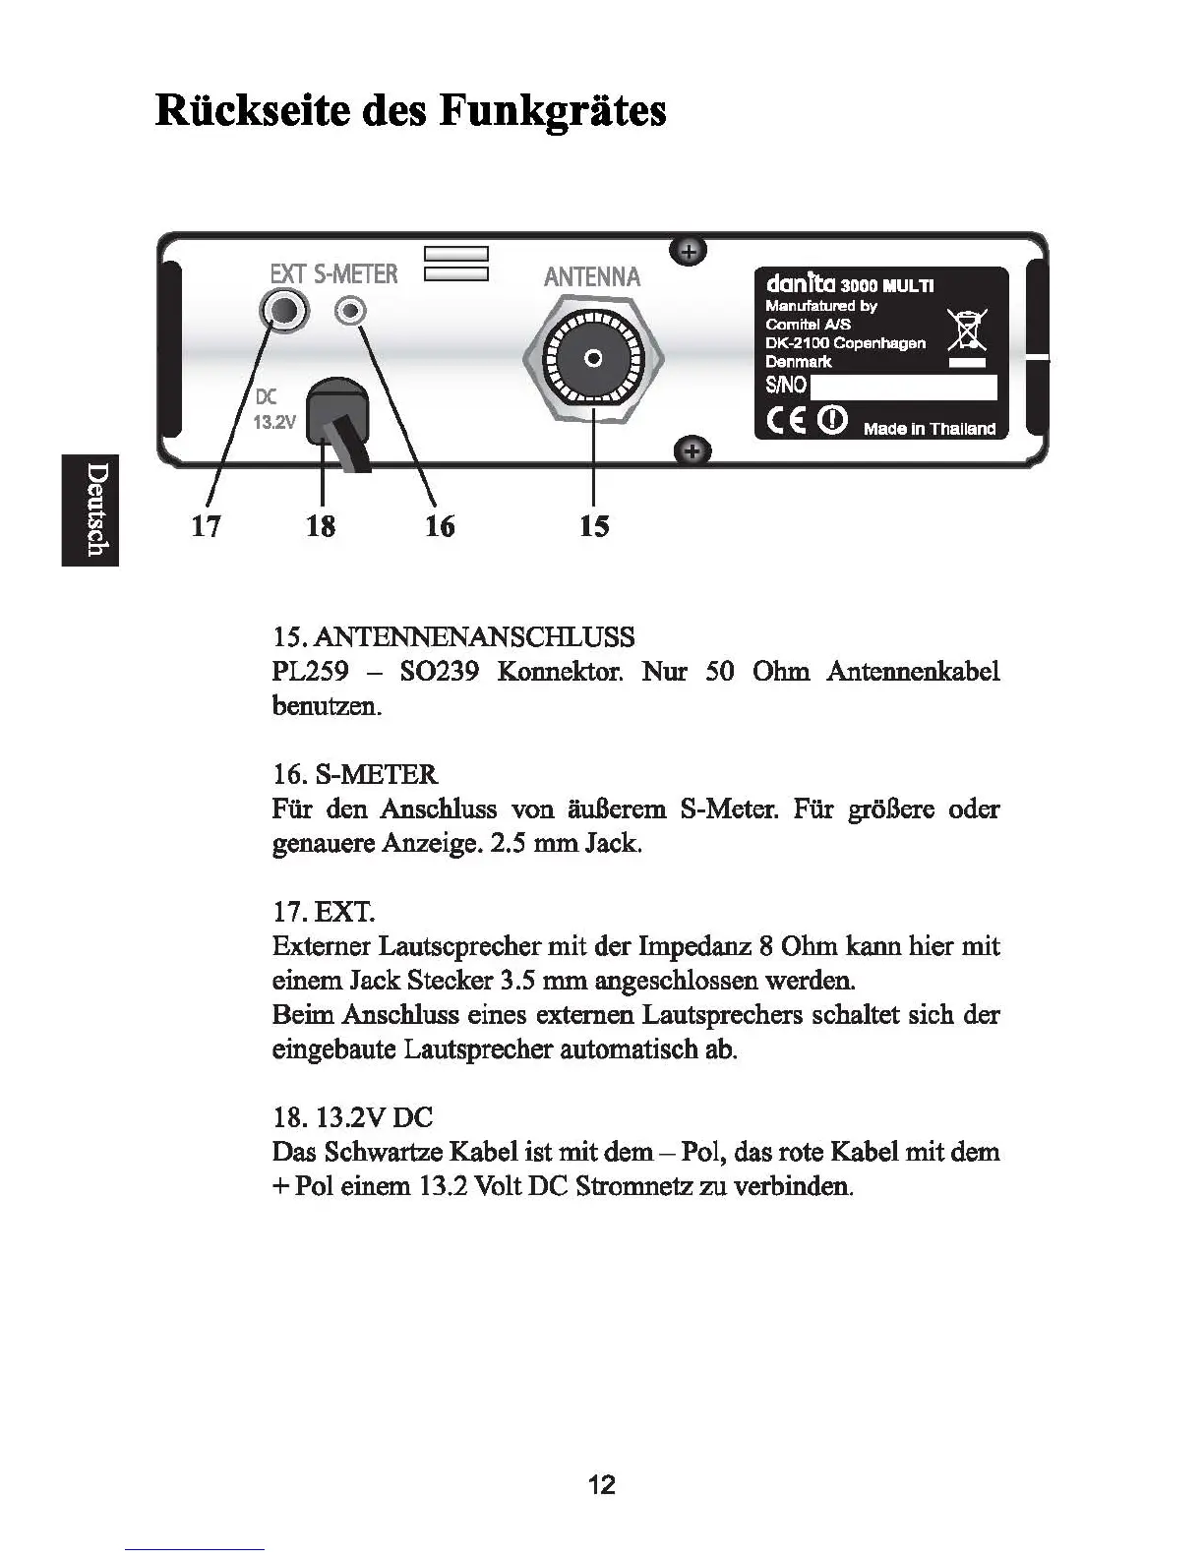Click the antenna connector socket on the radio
pyautogui.click(x=593, y=358)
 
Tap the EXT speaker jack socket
pyautogui.click(x=284, y=312)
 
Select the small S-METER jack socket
pyautogui.click(x=349, y=312)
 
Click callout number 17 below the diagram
pyautogui.click(x=206, y=526)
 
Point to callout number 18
pyautogui.click(x=321, y=526)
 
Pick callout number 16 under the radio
pyautogui.click(x=440, y=526)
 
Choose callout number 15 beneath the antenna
pyautogui.click(x=593, y=526)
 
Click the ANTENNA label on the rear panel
pyautogui.click(x=592, y=277)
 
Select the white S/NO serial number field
pyautogui.click(x=902, y=387)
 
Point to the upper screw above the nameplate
pyautogui.click(x=689, y=252)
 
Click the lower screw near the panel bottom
pyautogui.click(x=692, y=451)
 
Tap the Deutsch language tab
pyautogui.click(x=91, y=509)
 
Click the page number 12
pyautogui.click(x=601, y=1484)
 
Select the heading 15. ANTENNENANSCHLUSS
pyautogui.click(x=453, y=637)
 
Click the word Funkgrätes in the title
pyautogui.click(x=552, y=110)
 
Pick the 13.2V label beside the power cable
pyautogui.click(x=274, y=423)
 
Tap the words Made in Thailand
pyautogui.click(x=929, y=429)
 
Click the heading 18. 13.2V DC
pyautogui.click(x=352, y=1117)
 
